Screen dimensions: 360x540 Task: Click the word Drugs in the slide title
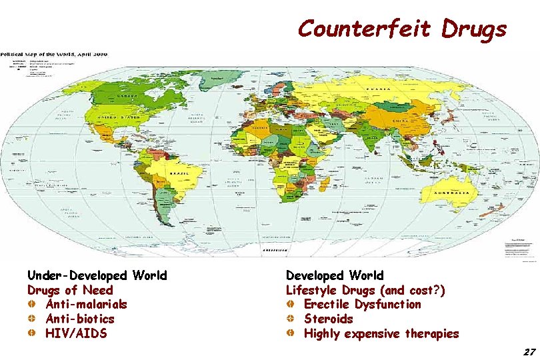[474, 29]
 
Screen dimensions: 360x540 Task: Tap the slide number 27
[530, 351]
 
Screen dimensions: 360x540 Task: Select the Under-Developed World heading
[97, 275]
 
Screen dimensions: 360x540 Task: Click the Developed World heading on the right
[335, 275]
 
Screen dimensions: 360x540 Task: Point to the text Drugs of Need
[70, 290]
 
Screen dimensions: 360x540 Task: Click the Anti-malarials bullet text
[86, 305]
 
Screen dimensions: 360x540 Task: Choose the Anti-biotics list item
[79, 319]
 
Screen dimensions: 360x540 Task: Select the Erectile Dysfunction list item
[362, 305]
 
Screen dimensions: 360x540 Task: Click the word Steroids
[328, 319]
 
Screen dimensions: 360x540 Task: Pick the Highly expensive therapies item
[381, 334]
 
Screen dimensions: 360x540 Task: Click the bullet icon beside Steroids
[291, 319]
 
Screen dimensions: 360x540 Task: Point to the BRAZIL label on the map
[178, 173]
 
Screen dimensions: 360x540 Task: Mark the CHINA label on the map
[401, 120]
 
